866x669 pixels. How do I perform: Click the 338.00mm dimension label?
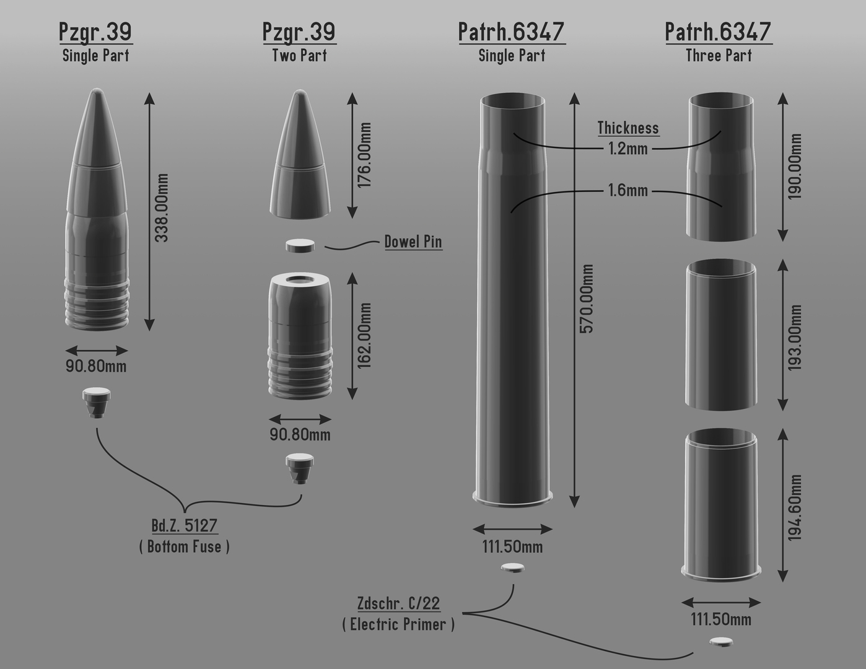coord(162,208)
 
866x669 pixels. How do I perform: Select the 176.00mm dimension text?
coord(365,155)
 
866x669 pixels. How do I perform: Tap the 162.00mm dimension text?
coord(365,336)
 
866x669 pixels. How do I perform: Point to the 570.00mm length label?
coord(587,299)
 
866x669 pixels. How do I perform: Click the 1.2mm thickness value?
coord(628,149)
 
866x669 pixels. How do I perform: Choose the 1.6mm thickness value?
coord(628,190)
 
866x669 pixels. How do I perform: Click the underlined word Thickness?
coord(628,128)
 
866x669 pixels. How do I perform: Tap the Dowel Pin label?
coord(413,242)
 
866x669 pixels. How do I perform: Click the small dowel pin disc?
coord(300,245)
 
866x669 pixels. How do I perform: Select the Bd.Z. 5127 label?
coord(185,526)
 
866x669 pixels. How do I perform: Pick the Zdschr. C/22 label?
coord(398,603)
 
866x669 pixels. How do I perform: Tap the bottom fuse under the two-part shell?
coord(300,468)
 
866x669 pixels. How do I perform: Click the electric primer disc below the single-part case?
coord(512,568)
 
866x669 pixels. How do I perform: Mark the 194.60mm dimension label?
coord(795,508)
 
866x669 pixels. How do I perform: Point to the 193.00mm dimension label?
coord(795,338)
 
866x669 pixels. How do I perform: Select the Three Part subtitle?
coord(719,56)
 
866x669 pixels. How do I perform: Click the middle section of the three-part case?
coord(721,334)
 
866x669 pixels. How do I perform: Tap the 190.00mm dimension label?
coord(795,166)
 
